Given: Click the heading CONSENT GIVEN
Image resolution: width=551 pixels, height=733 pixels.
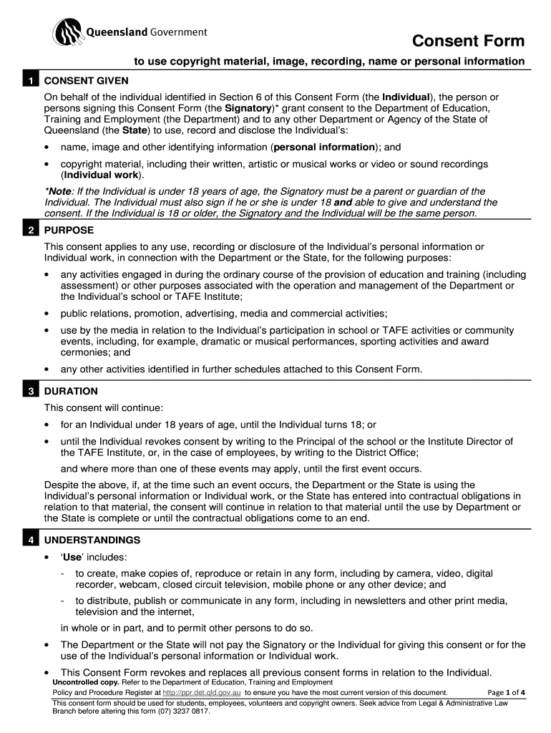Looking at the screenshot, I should pos(80,81).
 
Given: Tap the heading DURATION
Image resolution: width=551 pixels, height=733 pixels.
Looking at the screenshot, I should pos(71,392).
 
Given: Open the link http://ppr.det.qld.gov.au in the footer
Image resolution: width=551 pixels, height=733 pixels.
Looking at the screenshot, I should pos(202,693).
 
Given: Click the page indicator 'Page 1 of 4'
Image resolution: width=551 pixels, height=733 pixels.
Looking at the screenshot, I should pos(506,693).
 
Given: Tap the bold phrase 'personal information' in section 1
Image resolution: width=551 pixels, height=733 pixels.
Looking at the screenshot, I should pos(324,147).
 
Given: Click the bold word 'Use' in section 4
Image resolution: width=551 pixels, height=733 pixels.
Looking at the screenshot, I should pos(72,557).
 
